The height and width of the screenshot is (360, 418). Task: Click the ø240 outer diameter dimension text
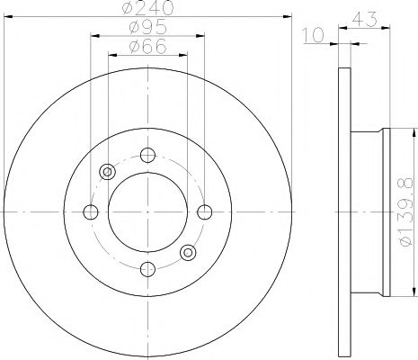[147, 9]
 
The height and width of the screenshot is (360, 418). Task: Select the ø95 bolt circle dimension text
[147, 28]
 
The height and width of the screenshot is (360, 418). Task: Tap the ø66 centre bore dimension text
[147, 46]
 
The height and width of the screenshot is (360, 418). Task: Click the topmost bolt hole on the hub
[147, 155]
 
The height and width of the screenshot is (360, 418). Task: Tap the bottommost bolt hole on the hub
[147, 267]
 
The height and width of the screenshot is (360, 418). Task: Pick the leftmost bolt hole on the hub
[91, 211]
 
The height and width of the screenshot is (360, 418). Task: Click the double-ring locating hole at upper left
[108, 172]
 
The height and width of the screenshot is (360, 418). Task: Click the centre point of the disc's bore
[147, 211]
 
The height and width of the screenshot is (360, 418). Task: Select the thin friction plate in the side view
[344, 211]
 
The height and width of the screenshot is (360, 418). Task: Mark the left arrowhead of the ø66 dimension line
[112, 54]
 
